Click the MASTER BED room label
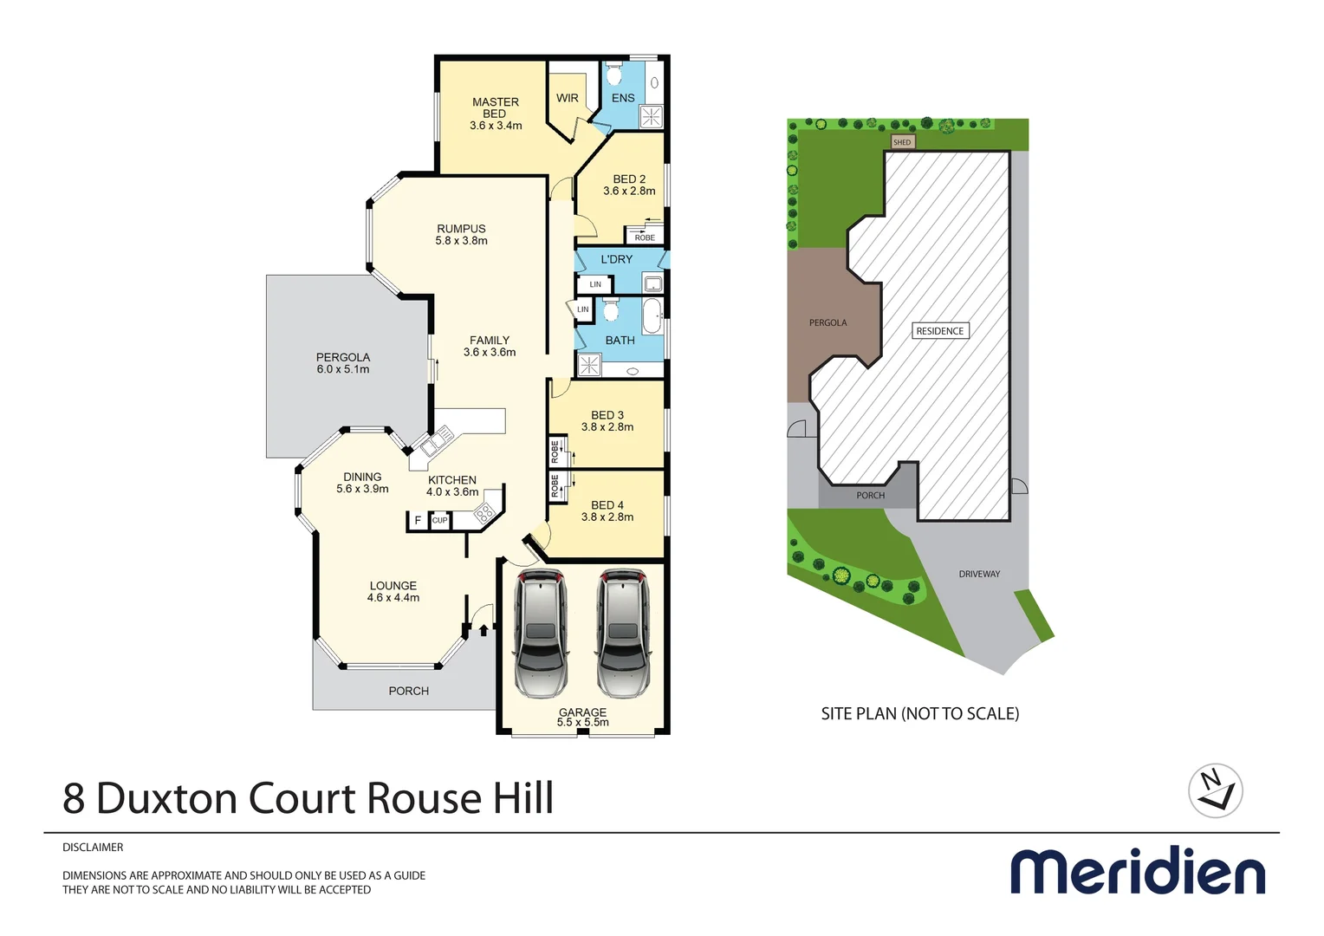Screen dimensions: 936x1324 pos(496,108)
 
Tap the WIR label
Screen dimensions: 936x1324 pos(568,98)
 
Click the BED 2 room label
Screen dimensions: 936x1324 pos(629,179)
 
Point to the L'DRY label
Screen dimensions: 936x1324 pos(617,259)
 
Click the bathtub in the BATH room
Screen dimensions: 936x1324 pos(652,316)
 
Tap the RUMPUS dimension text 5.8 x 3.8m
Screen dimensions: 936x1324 pos(461,241)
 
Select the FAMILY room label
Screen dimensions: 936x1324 pos(490,341)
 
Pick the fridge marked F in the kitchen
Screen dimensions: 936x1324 pos(418,520)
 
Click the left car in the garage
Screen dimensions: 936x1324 pos(541,633)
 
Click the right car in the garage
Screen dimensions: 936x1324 pos(622,633)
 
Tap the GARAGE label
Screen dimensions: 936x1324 pos(582,712)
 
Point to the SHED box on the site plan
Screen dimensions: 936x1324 pos(902,142)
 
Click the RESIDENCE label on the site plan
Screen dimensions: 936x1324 pos(940,331)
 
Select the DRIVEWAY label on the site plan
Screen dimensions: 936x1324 pos(979,574)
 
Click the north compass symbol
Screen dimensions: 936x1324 pos(1216,790)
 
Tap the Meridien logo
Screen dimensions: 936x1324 pos(1138,871)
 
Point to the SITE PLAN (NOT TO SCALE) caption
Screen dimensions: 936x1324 pos(920,713)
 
